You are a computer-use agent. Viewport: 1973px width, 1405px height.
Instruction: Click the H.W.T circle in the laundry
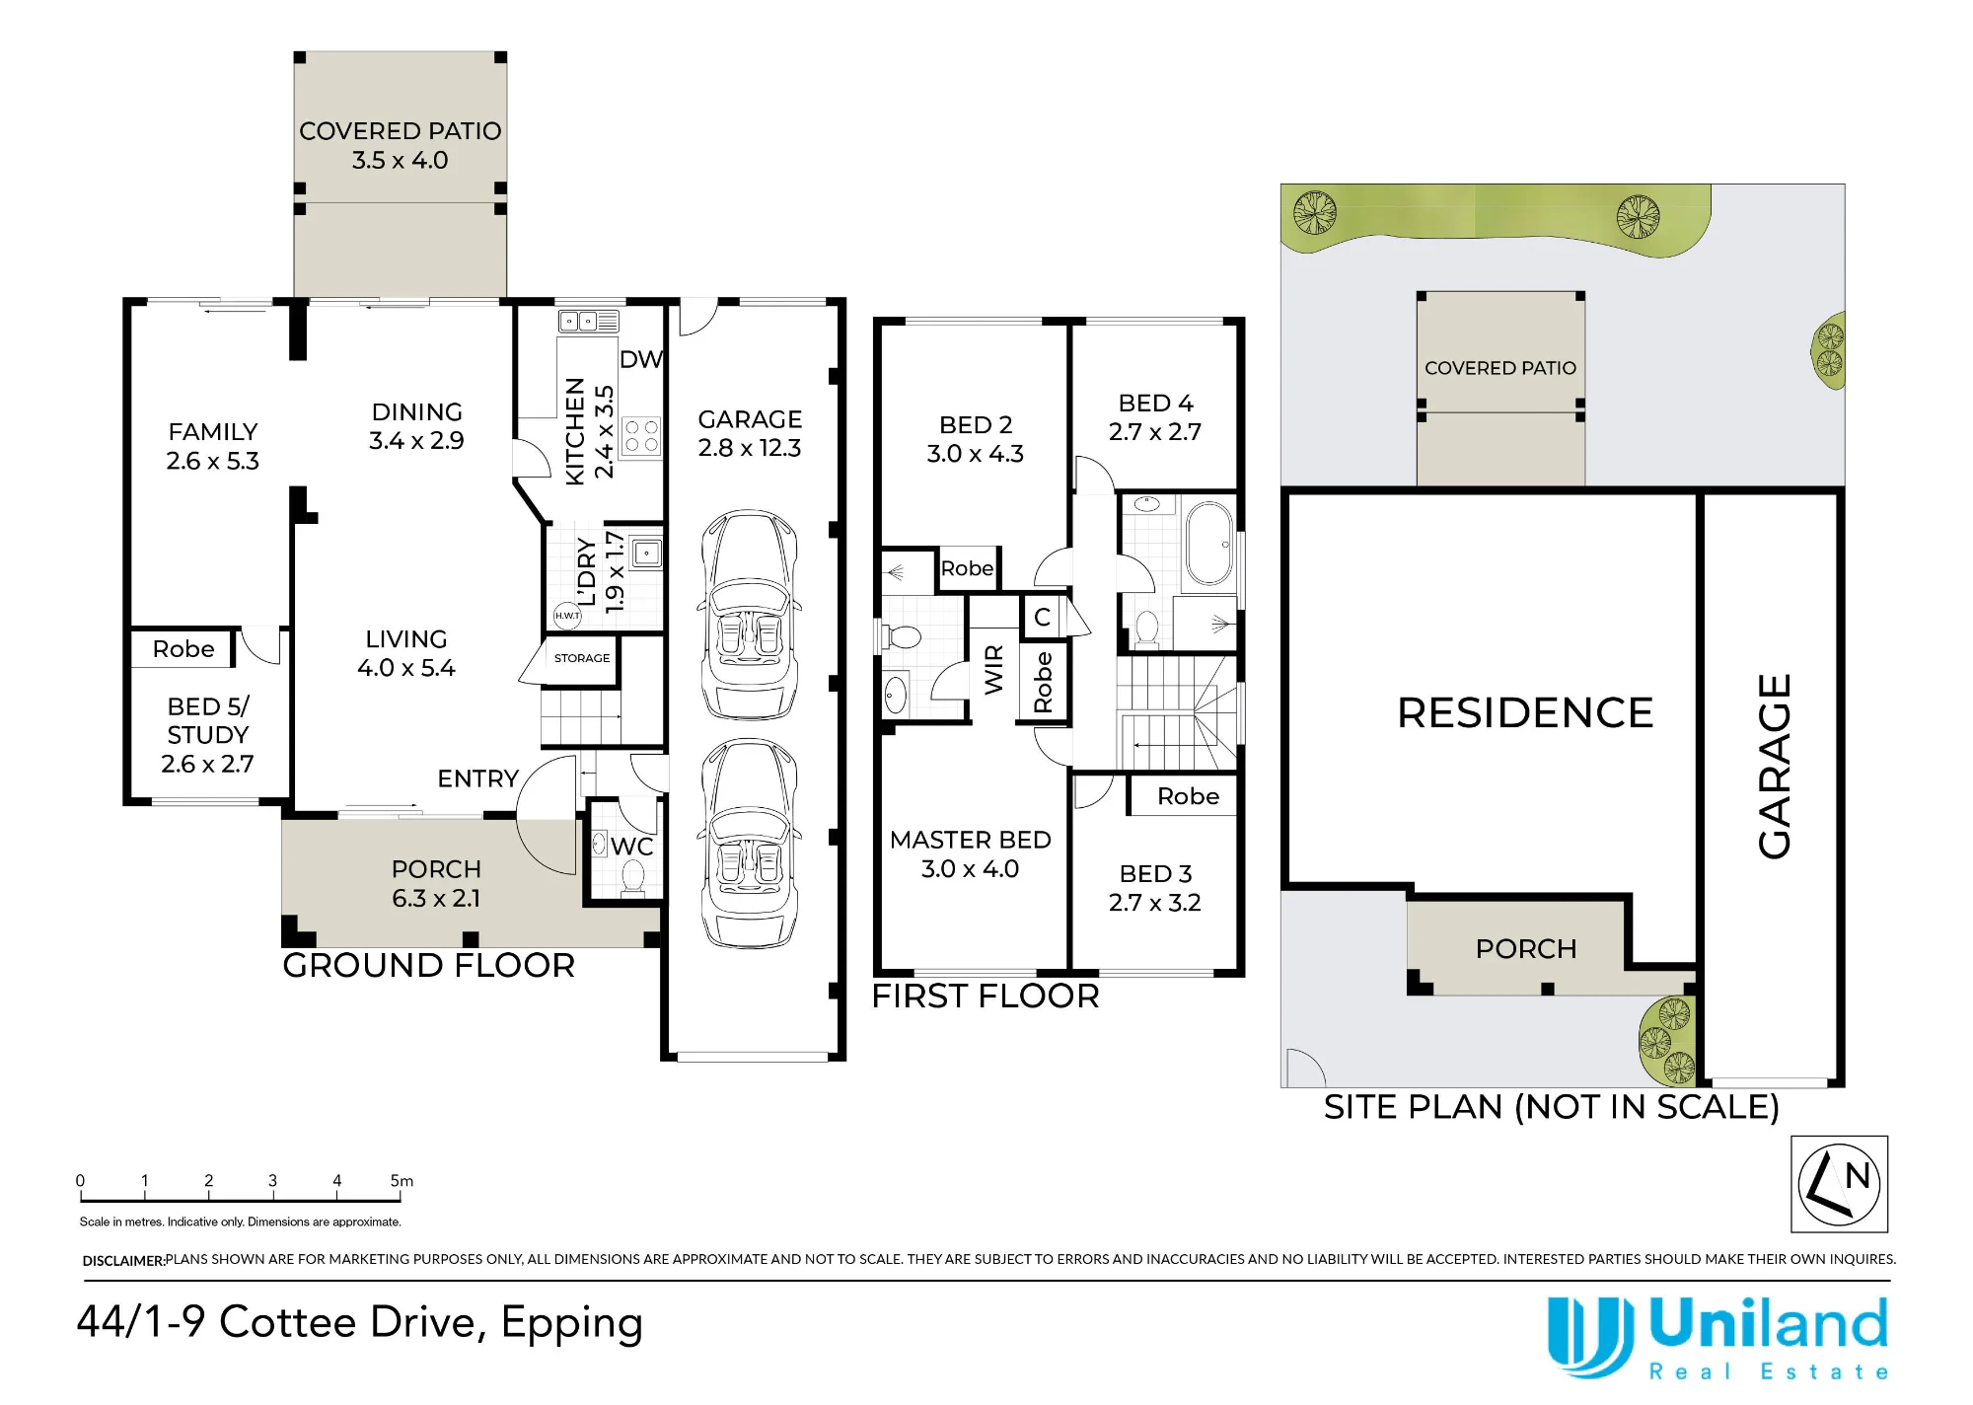(x=567, y=615)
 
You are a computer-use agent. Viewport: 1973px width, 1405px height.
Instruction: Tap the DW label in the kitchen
(x=641, y=359)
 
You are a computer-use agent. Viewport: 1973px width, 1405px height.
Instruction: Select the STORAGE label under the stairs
(x=582, y=658)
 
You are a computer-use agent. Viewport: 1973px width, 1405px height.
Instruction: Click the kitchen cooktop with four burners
(x=641, y=435)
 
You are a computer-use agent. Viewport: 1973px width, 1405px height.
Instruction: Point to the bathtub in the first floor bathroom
(x=1208, y=544)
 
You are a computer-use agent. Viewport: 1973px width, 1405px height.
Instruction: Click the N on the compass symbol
(x=1858, y=1175)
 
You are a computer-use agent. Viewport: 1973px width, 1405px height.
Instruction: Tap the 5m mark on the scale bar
(x=402, y=1181)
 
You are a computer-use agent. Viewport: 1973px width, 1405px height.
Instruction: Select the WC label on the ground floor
(x=631, y=847)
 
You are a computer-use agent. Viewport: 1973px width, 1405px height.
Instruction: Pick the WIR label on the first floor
(x=993, y=669)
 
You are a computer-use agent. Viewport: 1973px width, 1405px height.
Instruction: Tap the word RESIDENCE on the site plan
(x=1525, y=712)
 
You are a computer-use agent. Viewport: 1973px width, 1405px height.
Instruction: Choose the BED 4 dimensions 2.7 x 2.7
(x=1155, y=432)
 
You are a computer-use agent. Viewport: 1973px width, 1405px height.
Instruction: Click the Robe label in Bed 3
(x=1188, y=796)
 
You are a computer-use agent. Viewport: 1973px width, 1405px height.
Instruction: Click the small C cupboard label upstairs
(x=1042, y=618)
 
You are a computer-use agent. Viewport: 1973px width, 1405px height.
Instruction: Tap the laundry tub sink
(x=646, y=554)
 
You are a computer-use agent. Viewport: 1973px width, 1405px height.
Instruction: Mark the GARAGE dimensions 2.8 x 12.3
(x=750, y=448)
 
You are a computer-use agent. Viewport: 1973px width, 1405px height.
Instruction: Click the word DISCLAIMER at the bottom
(x=123, y=1261)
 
